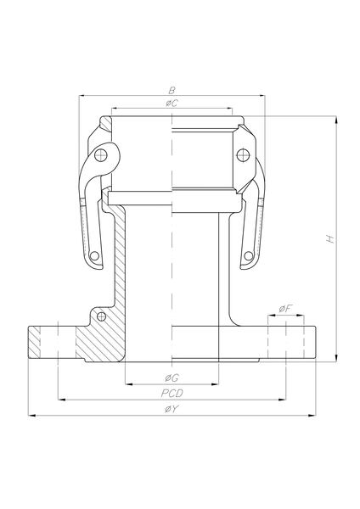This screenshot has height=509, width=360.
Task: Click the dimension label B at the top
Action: pos(172,89)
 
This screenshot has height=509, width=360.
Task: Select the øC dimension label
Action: pos(172,103)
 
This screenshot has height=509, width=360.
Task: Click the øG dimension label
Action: pos(172,377)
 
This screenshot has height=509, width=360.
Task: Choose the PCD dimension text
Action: pos(172,393)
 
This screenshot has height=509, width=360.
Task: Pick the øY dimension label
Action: pos(172,409)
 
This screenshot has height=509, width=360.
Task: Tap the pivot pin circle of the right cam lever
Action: pos(243,154)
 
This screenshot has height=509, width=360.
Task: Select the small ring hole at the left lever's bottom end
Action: pos(96,257)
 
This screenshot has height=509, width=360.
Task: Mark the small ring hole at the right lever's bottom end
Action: pos(248,257)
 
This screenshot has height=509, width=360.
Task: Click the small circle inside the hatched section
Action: pos(102,316)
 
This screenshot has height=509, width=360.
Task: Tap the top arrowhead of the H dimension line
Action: pos(339,120)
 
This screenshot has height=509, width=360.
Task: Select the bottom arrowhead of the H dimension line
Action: pos(339,359)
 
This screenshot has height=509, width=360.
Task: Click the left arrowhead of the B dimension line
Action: pos(82,96)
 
